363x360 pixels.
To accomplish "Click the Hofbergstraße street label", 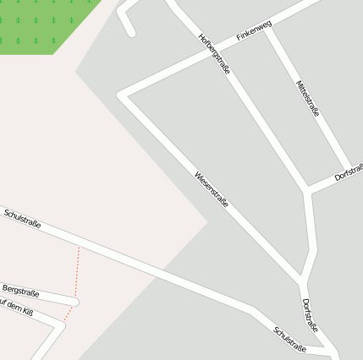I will (214, 53).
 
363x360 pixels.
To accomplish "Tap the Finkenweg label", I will (254, 33).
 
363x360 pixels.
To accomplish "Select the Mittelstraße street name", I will (308, 97).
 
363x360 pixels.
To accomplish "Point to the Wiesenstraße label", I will (212, 191).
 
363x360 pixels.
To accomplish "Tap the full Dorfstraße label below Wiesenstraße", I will (310, 315).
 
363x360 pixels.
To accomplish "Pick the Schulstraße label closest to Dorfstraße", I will (289, 337).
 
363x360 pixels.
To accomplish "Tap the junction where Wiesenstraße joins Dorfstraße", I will (302, 279).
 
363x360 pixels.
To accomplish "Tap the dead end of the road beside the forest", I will (131, 33).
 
